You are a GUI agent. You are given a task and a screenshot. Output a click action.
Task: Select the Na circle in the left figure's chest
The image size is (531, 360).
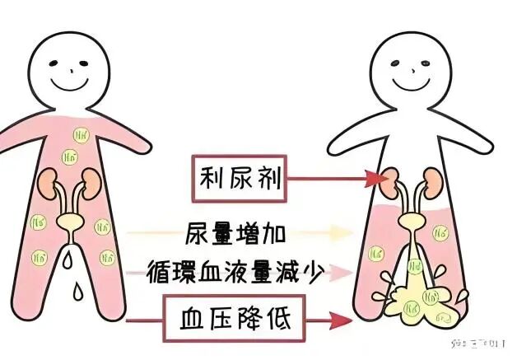point(81,133)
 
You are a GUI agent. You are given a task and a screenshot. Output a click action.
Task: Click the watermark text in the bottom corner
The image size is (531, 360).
point(482,340)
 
